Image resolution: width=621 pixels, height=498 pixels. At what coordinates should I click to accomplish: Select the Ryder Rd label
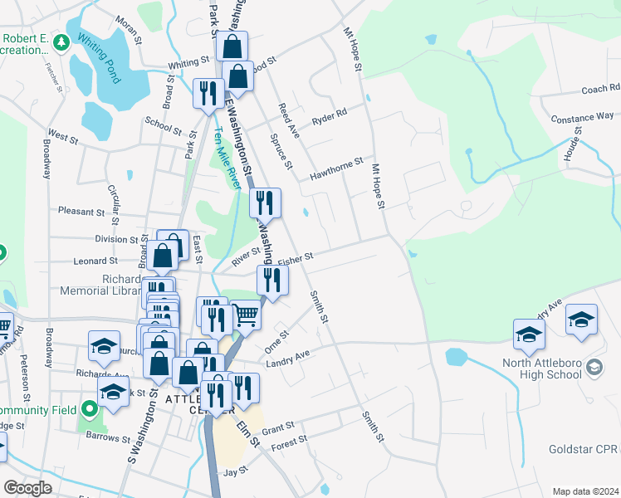329,118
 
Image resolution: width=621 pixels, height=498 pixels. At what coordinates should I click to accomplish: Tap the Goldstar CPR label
584,449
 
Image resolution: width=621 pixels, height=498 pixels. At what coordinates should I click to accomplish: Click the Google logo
27,488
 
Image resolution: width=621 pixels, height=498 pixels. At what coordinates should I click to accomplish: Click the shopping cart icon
245,315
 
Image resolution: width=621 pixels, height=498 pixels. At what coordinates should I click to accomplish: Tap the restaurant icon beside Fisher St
272,281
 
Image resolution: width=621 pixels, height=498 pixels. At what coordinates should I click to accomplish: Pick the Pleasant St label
81,212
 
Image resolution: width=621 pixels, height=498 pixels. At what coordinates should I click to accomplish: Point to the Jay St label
231,472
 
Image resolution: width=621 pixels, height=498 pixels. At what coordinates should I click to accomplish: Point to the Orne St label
276,340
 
